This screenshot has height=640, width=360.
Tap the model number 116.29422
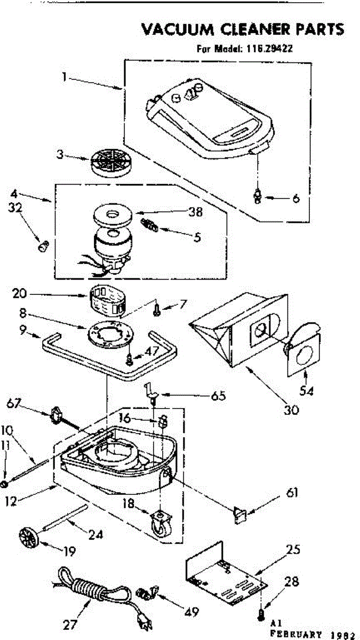coord(269,49)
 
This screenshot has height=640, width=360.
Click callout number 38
coord(196,212)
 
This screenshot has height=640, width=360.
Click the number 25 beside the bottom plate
coord(293,549)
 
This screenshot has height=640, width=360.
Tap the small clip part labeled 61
coord(240,516)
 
